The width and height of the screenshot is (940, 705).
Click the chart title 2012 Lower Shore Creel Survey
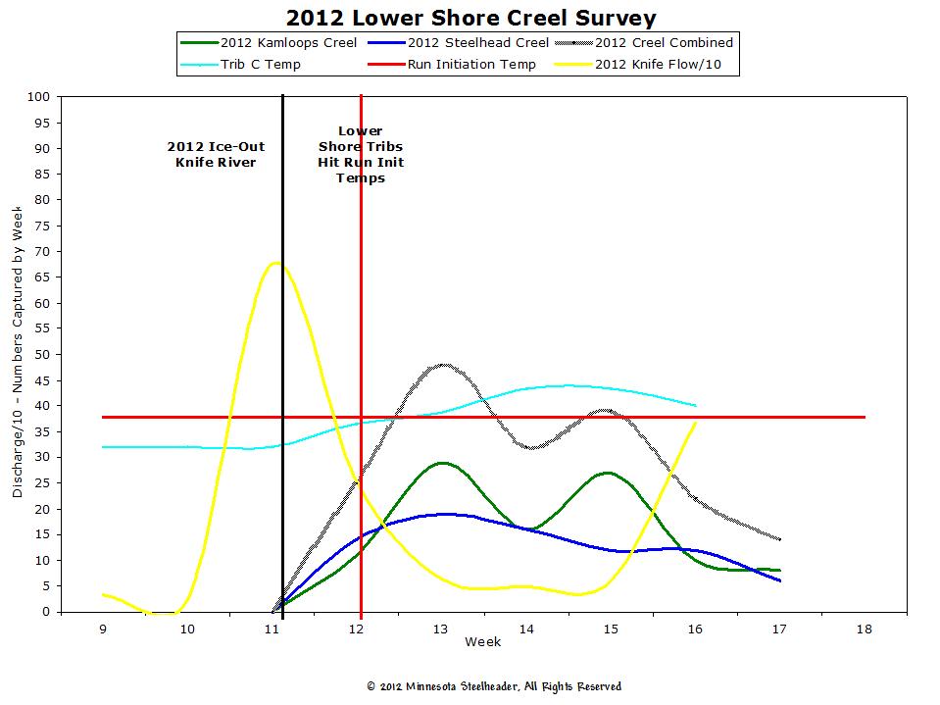coord(470,18)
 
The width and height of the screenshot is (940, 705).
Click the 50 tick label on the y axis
coord(42,354)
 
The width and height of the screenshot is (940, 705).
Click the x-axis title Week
coord(482,642)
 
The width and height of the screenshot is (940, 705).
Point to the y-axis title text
coord(18,354)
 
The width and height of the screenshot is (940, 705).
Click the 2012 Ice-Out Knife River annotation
coord(216,154)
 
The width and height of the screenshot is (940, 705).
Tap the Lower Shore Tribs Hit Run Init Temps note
coord(361,154)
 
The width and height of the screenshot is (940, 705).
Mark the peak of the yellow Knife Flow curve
coord(276,262)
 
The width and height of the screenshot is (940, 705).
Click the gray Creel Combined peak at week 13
coord(443,365)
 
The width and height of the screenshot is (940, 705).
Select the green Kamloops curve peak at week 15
coord(609,473)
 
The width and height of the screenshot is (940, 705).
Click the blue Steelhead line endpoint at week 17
coord(780,580)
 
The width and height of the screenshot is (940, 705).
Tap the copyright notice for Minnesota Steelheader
coord(493,686)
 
